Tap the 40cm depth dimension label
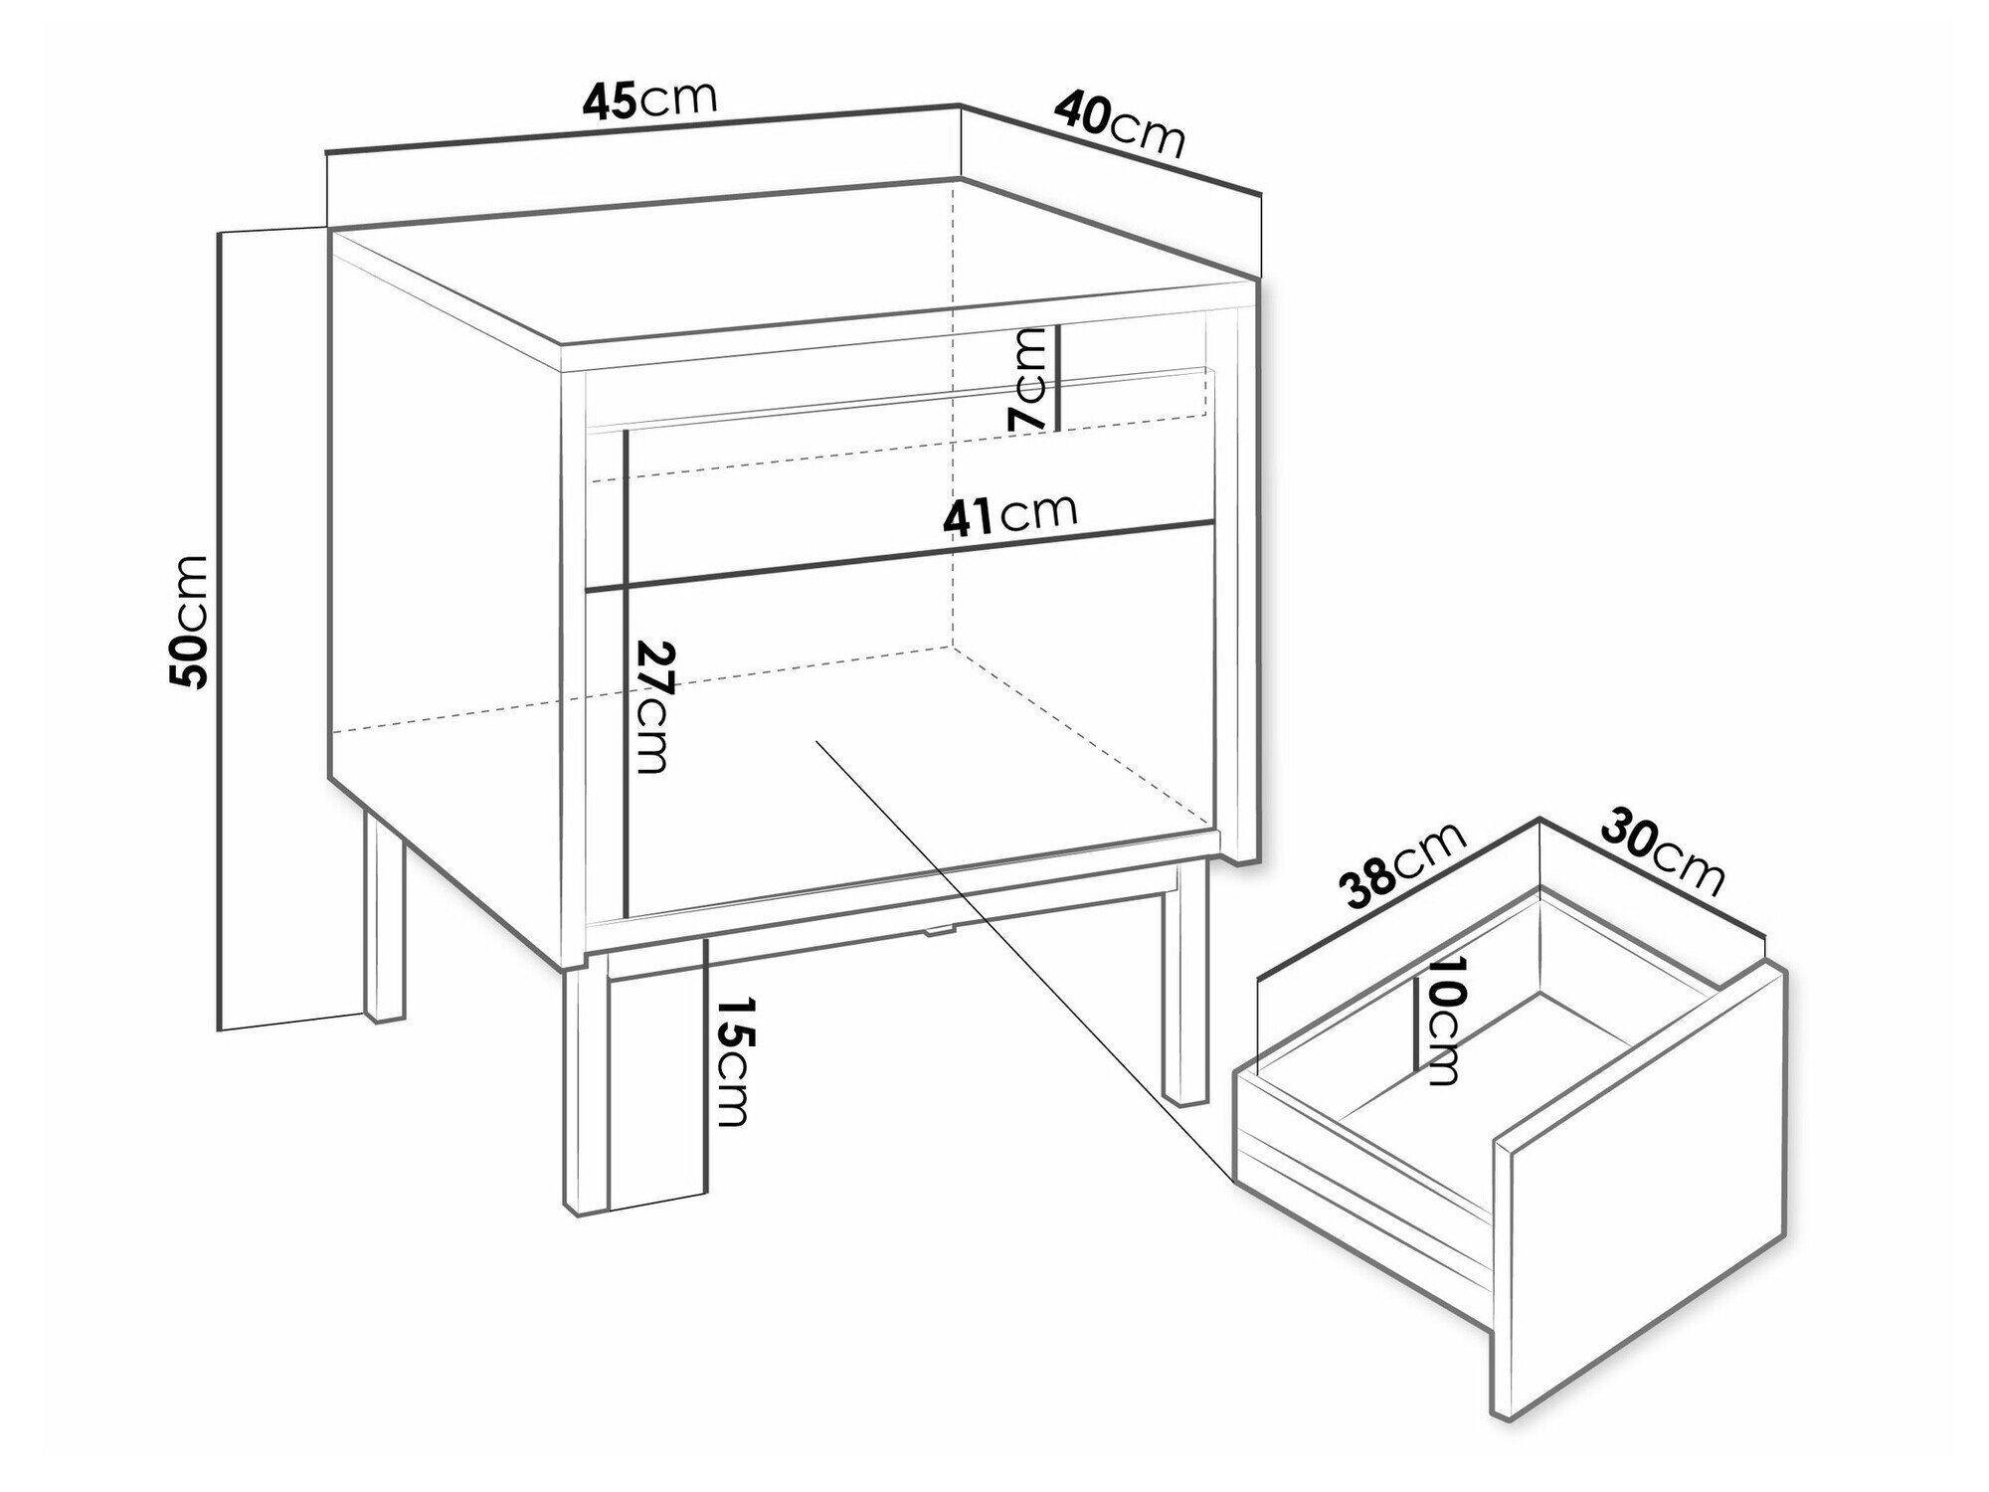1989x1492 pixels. point(1120,124)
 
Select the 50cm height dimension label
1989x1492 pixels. point(189,622)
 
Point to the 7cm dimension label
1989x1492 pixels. point(1027,379)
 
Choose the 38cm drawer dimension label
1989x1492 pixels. point(1403,866)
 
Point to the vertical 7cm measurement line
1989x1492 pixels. point(1058,377)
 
